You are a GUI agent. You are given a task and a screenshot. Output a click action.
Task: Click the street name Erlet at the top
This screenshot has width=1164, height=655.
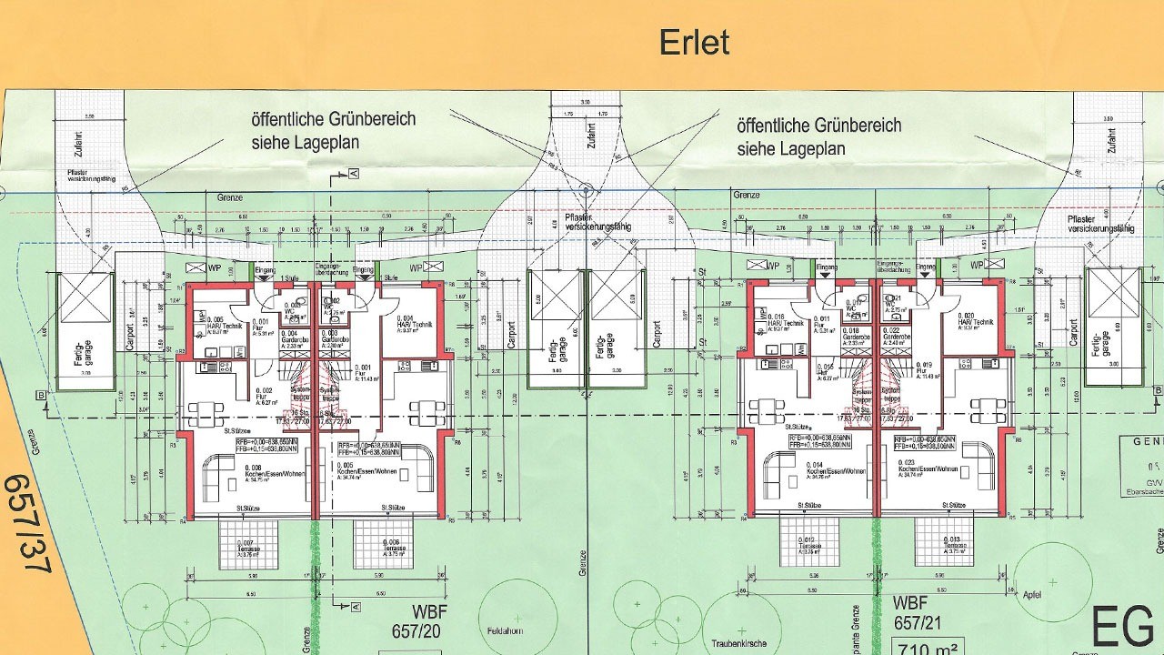click(694, 42)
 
